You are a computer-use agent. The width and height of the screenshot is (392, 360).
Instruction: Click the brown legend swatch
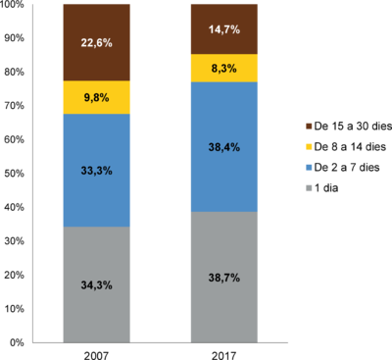point(308,127)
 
